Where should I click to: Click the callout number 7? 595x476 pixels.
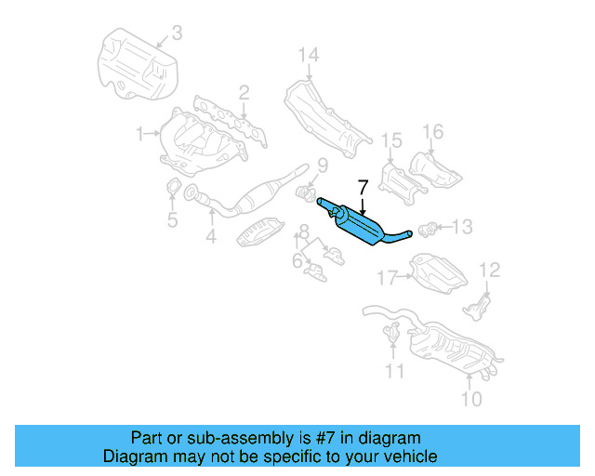[363, 190]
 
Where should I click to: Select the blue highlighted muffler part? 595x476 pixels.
[363, 226]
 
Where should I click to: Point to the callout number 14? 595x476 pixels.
[309, 56]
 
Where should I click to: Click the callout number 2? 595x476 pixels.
[244, 92]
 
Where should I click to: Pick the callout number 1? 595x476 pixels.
[139, 134]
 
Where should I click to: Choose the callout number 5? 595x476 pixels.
[172, 220]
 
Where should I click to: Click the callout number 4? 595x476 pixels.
[211, 237]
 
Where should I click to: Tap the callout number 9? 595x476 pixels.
[323, 166]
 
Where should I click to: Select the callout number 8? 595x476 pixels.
[304, 231]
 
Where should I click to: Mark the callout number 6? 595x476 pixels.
[297, 262]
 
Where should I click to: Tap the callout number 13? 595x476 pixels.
[462, 226]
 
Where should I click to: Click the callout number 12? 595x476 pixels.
[489, 270]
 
